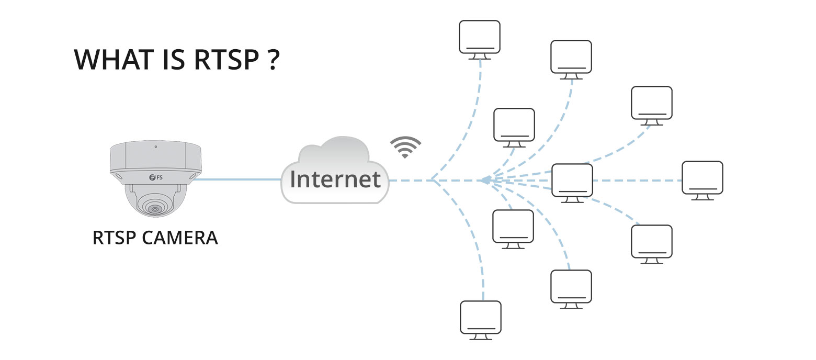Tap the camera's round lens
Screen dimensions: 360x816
[x=154, y=209]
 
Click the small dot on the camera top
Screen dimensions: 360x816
[x=155, y=147]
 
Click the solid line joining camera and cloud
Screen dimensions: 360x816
[x=235, y=180]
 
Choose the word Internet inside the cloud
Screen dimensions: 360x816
[x=335, y=179]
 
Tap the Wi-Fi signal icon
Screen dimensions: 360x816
[x=405, y=147]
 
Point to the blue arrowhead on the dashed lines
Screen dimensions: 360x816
[x=485, y=180]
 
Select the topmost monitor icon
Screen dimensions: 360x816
[x=480, y=37]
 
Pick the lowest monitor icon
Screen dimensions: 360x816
[x=480, y=318]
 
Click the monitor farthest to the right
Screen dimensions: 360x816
[x=702, y=177]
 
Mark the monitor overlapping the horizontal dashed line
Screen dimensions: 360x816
[x=572, y=180]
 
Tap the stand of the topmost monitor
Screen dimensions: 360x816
[x=480, y=57]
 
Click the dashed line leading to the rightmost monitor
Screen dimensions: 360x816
[x=638, y=180]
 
